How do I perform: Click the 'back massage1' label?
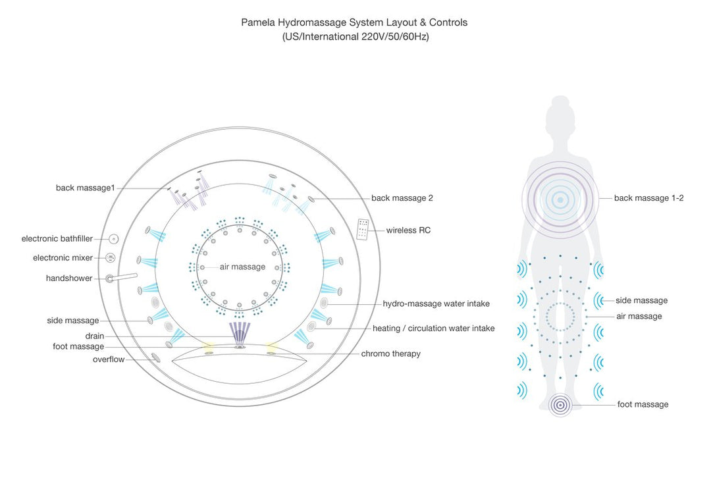(85, 188)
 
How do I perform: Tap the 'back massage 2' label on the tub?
(402, 198)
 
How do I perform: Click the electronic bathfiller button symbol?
(113, 239)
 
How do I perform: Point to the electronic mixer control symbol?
(111, 258)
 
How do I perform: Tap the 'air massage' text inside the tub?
(243, 267)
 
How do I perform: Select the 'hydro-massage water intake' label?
(436, 304)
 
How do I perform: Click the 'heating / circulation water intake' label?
(433, 329)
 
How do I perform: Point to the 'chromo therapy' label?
(390, 354)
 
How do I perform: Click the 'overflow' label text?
(108, 359)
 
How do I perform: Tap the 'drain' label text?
(94, 336)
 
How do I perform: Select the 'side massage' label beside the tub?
(72, 321)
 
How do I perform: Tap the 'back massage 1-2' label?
(648, 198)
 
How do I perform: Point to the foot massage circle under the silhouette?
(560, 404)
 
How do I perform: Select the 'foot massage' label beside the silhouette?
(643, 405)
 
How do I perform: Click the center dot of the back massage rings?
(560, 199)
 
